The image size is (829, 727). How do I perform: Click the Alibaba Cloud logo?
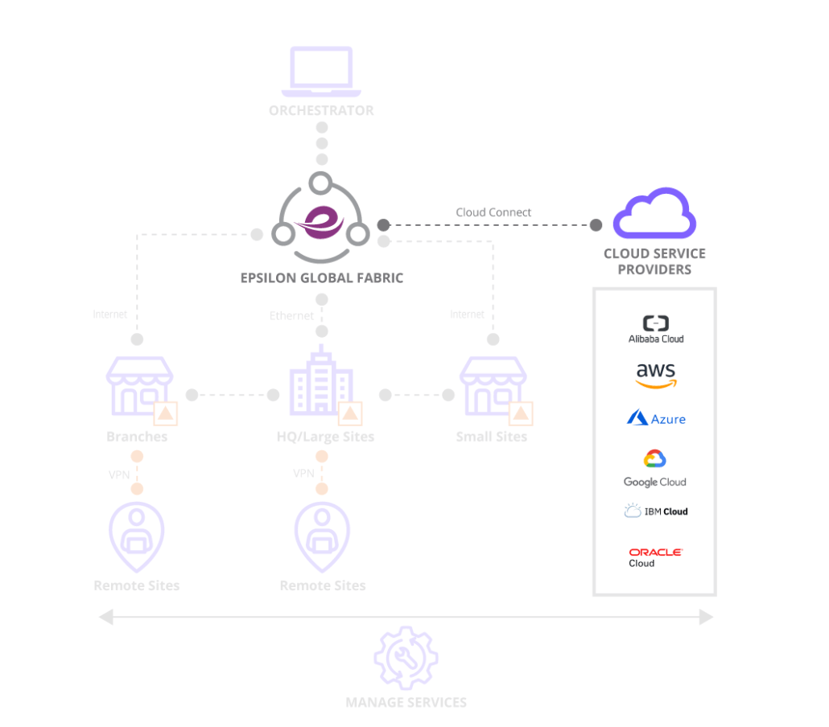point(655,329)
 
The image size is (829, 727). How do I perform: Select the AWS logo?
point(655,376)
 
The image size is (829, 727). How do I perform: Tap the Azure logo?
point(656,418)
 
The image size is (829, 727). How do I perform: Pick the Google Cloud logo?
point(654,468)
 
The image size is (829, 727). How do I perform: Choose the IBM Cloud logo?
point(655,511)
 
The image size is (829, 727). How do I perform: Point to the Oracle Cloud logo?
point(655,557)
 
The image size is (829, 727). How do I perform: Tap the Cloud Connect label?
point(493,212)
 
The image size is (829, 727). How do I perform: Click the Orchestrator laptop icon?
point(321,70)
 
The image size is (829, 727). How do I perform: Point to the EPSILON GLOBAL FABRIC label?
point(321,278)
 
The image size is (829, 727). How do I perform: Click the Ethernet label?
point(291,316)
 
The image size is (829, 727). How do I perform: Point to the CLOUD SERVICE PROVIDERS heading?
point(654,261)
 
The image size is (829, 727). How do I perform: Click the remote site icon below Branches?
point(136,535)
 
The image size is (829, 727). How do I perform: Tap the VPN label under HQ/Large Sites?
point(303,474)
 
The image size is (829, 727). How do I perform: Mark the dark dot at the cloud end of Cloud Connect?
point(596,225)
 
